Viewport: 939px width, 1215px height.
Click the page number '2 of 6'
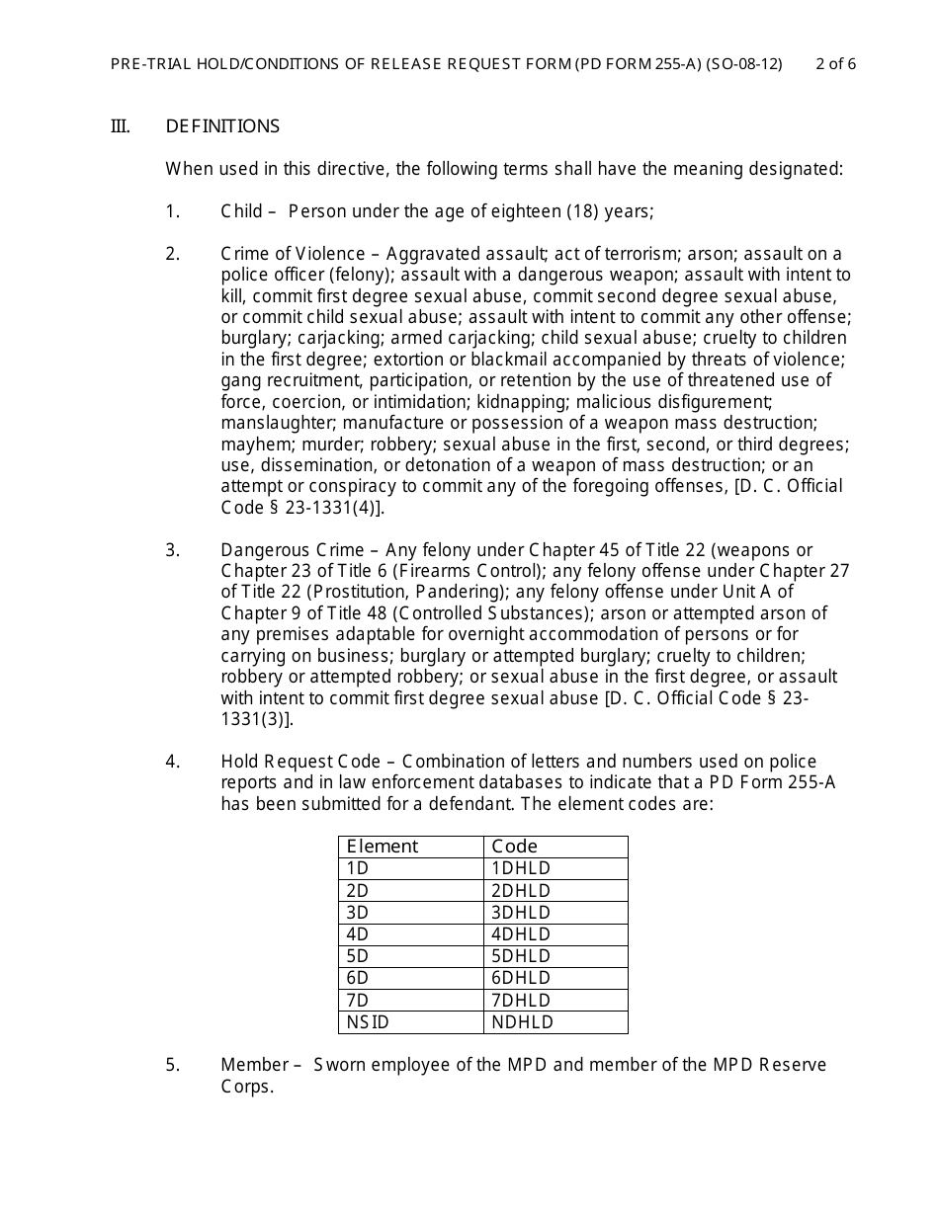coord(835,64)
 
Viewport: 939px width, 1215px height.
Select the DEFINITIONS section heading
coord(222,126)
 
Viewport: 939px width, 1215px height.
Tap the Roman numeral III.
coord(120,126)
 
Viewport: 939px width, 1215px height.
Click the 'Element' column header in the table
coord(382,847)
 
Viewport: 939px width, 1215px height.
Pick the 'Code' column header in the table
coord(514,847)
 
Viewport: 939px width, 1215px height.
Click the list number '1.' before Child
coord(173,211)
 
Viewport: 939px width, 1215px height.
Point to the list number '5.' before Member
coord(173,1065)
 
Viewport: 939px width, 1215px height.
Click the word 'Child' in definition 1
coord(241,211)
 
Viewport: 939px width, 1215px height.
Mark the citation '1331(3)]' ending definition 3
coord(257,719)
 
